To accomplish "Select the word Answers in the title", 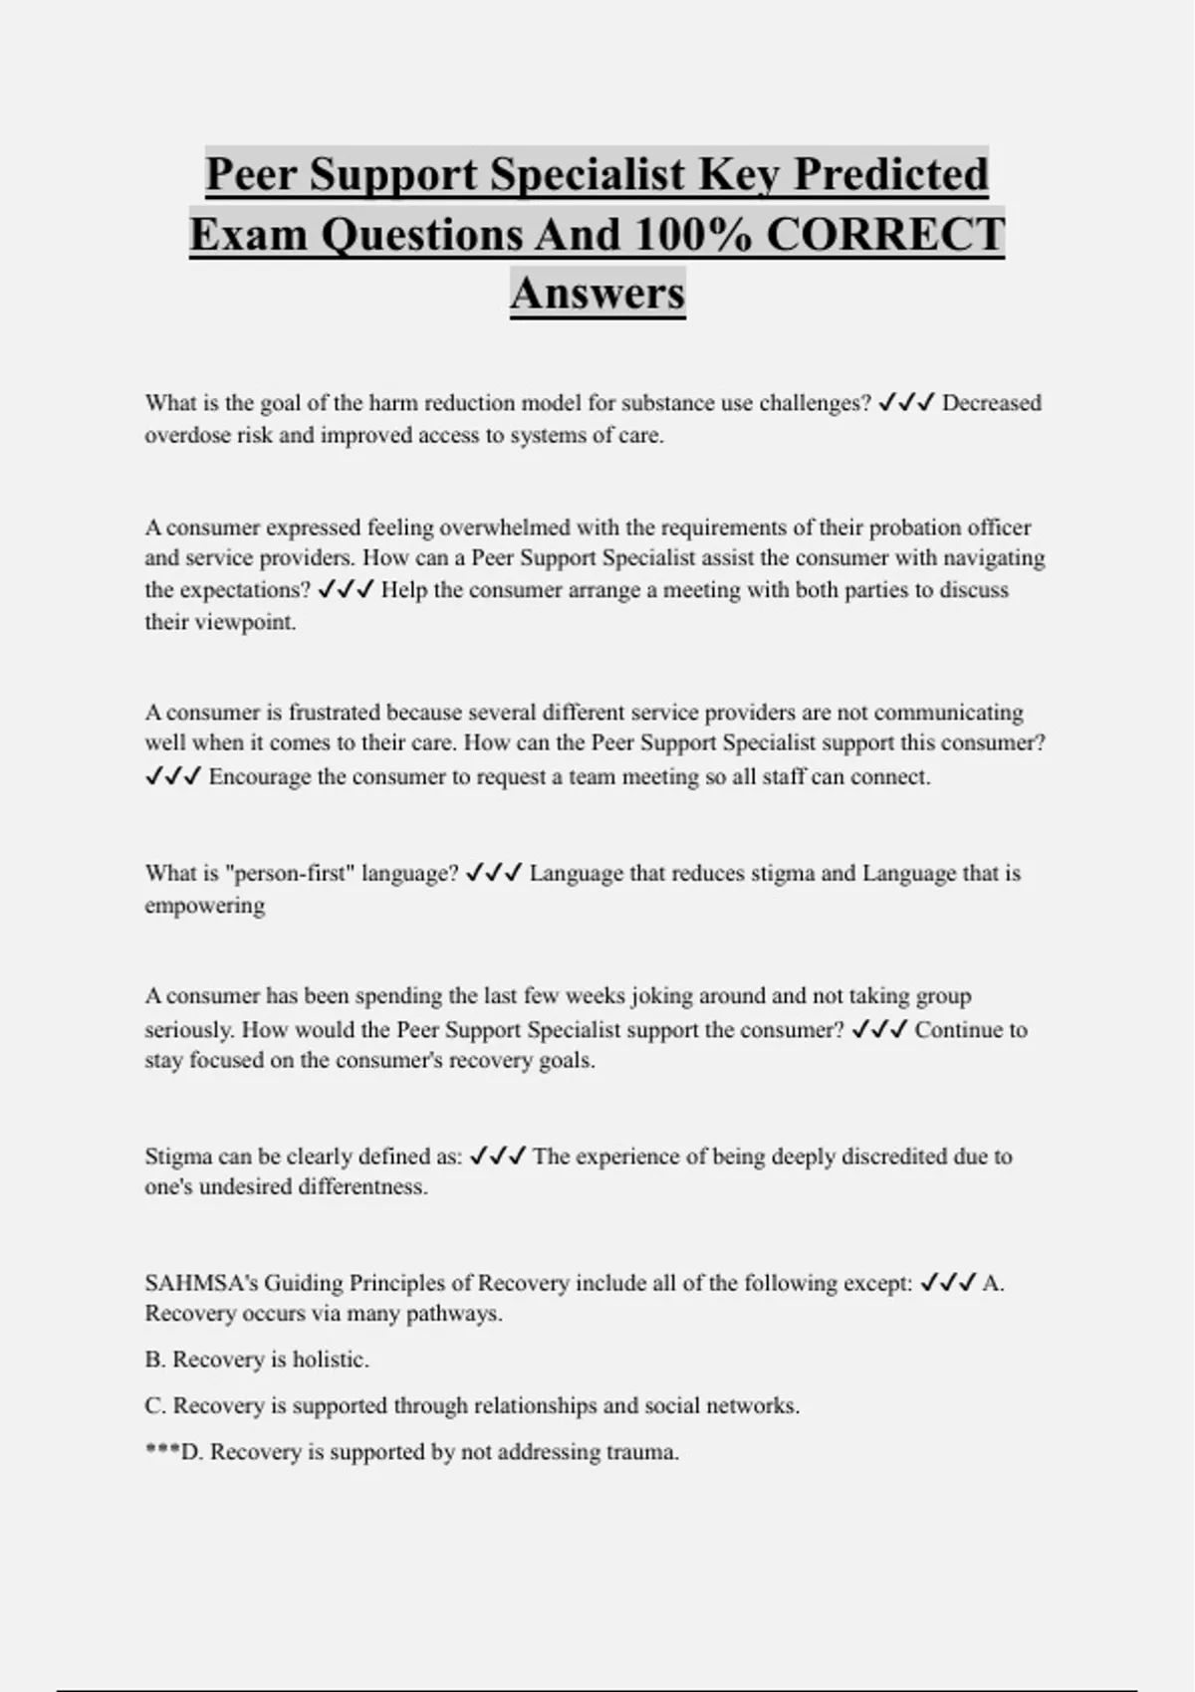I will click(x=597, y=294).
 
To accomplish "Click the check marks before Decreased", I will click(x=906, y=403).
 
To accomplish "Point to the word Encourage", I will click(x=260, y=777).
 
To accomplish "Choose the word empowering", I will click(x=205, y=906).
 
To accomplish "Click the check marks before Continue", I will click(x=880, y=1030).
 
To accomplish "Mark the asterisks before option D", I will click(x=161, y=1452).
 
